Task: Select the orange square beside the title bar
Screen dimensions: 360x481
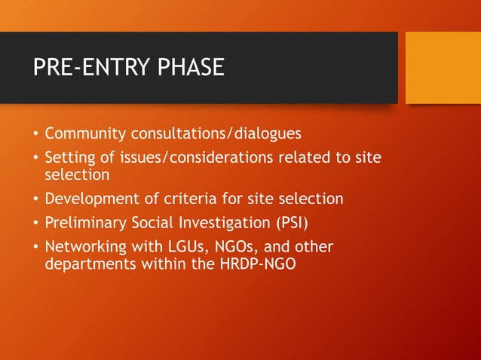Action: point(443,67)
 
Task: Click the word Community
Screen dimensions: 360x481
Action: point(86,134)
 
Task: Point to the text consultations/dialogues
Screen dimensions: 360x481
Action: point(216,134)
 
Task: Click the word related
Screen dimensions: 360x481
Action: point(305,157)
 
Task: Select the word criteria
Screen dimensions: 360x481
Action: point(198,199)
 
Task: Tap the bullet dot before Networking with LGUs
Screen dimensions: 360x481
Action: point(35,248)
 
